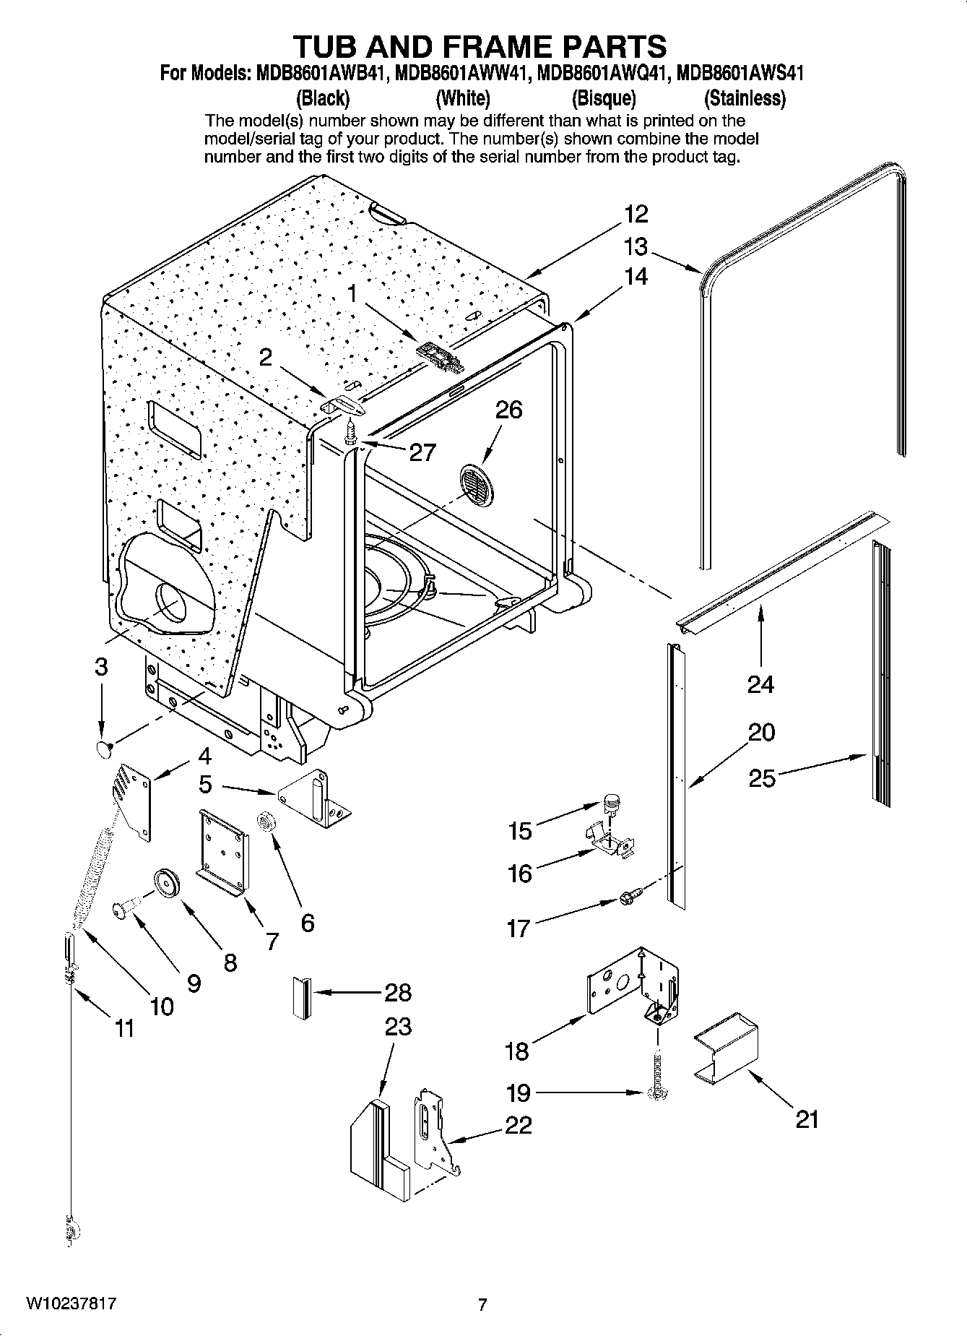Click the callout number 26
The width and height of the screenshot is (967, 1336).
tap(508, 410)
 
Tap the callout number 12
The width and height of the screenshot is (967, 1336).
tap(636, 214)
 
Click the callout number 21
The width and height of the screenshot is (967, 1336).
tap(807, 1119)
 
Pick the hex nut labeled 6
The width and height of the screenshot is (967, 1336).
tap(265, 822)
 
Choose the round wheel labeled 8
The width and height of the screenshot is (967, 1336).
tap(165, 883)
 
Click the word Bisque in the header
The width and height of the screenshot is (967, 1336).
tap(603, 98)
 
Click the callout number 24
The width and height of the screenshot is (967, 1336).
tap(760, 684)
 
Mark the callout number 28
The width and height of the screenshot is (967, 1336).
tap(398, 992)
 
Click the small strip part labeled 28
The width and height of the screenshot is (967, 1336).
tap(302, 998)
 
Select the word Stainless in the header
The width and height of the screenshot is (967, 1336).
tap(745, 98)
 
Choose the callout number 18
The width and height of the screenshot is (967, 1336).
tap(517, 1051)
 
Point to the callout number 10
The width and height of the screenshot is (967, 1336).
tap(162, 1005)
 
